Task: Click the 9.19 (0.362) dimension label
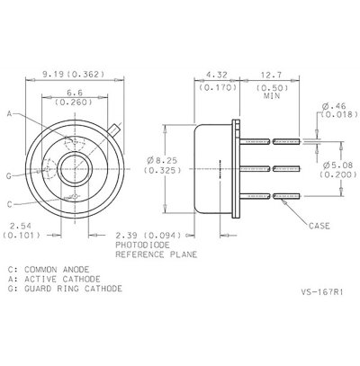click(x=74, y=74)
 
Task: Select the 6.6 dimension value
click(x=74, y=93)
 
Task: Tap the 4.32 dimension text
click(x=216, y=75)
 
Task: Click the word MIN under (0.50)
click(x=272, y=96)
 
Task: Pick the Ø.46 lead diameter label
click(x=334, y=106)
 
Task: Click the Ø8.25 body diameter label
click(x=162, y=160)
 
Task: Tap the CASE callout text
click(x=319, y=226)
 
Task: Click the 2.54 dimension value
click(x=21, y=226)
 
